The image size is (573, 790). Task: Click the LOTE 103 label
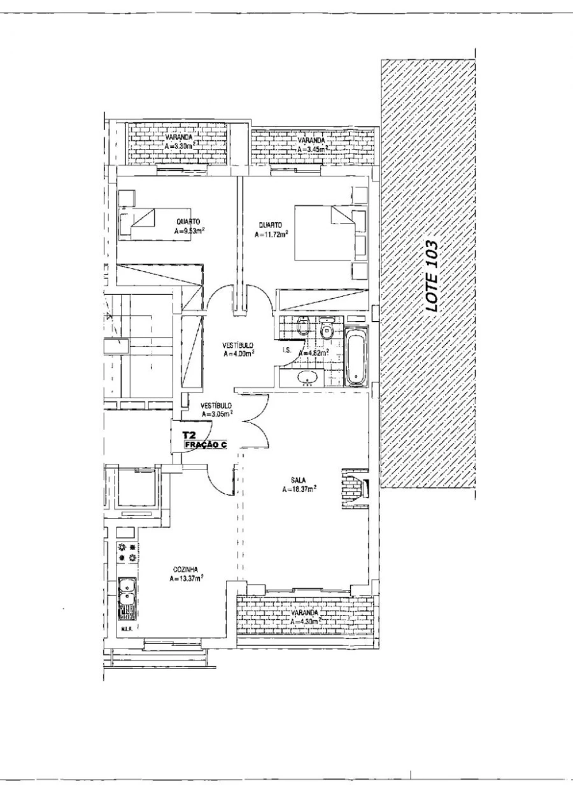432,275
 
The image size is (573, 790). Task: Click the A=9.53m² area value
189,231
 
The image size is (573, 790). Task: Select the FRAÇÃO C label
205,445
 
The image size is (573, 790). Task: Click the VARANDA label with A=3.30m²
180,137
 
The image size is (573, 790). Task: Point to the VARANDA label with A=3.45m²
312,140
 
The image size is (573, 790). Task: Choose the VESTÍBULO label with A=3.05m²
216,405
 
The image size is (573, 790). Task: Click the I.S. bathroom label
286,350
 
